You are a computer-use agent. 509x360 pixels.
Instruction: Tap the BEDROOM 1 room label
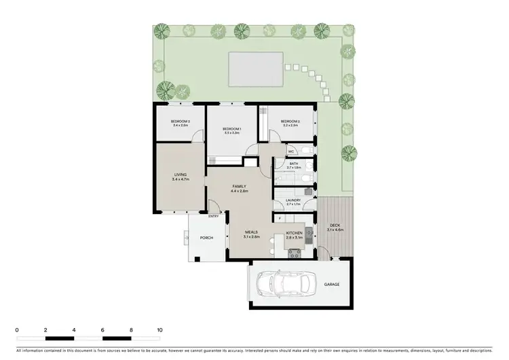tap(233, 128)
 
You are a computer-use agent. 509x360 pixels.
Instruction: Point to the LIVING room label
tap(180, 175)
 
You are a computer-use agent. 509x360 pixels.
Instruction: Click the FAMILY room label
tap(239, 186)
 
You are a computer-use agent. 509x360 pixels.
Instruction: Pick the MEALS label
tap(251, 232)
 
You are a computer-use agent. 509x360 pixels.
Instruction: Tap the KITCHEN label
tap(293, 233)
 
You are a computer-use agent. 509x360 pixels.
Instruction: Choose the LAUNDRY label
tap(293, 200)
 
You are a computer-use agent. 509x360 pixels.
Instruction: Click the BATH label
tap(294, 164)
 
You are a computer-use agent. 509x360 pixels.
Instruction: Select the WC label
tap(290, 151)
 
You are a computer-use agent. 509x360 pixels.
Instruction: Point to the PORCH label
tap(206, 238)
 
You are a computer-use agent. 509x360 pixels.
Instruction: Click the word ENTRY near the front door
tap(213, 217)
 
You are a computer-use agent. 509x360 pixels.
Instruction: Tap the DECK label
tap(335, 226)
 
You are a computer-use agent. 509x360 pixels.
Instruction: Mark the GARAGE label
tap(331, 285)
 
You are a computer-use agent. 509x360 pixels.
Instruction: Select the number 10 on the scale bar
tap(160, 329)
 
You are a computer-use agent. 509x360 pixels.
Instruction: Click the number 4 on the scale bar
tap(74, 329)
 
